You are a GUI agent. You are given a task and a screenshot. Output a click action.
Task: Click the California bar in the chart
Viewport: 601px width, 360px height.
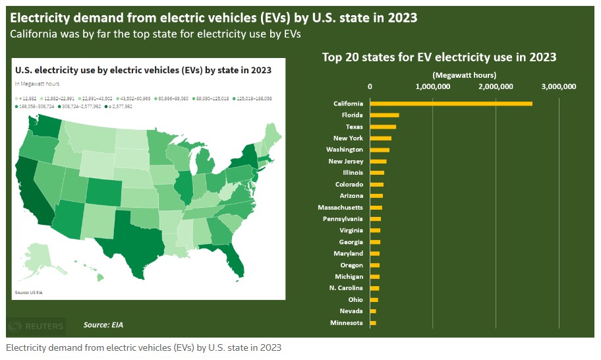(451, 104)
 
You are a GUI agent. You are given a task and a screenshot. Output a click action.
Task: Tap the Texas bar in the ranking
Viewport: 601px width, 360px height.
(383, 127)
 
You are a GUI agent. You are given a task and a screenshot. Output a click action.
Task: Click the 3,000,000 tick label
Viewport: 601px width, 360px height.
(559, 86)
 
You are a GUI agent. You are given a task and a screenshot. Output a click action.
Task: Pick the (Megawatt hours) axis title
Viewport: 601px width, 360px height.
(465, 75)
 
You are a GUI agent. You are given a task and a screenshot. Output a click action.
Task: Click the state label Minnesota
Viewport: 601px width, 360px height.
(346, 322)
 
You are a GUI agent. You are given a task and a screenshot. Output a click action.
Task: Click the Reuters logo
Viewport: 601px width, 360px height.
(38, 326)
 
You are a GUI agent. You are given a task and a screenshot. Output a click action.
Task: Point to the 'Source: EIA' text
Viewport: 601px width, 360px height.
(103, 325)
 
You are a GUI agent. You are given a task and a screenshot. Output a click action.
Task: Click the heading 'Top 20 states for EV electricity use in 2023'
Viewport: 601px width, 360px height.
(439, 57)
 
